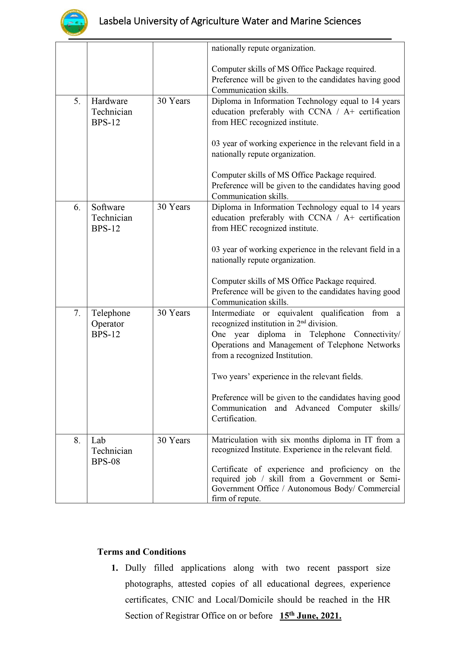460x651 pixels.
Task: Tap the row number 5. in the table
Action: (77, 101)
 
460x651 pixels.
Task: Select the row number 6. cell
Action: (77, 207)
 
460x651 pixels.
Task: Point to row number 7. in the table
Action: (77, 313)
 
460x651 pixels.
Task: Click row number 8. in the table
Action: (77, 440)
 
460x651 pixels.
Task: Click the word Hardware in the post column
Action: (109, 101)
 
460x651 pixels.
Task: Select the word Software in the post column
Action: (108, 207)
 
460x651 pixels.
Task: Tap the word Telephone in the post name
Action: (111, 313)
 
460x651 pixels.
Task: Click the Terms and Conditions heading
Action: (142, 552)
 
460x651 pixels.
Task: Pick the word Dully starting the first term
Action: (135, 568)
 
